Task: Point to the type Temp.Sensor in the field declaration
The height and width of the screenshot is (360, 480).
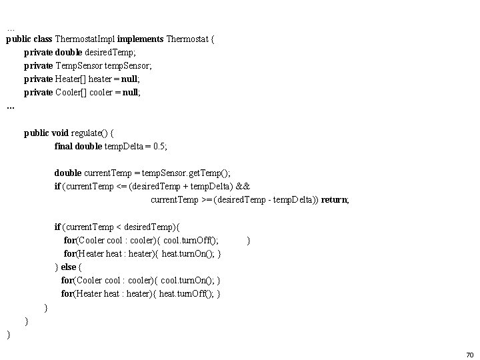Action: [78, 65]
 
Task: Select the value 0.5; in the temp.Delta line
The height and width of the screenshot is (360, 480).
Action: [159, 146]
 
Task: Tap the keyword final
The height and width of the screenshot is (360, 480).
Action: [63, 146]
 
